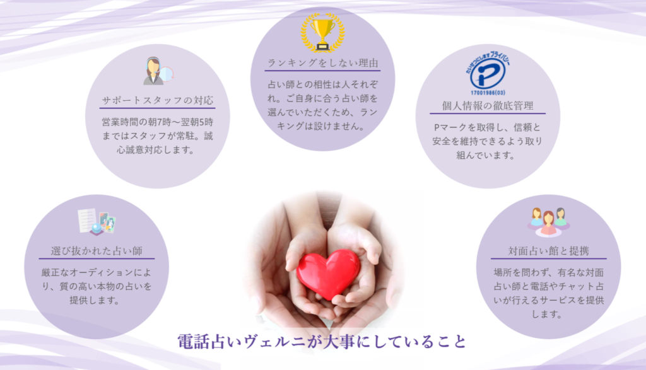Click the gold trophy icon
[x=322, y=33]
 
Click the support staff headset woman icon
[x=158, y=71]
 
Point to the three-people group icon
[x=548, y=223]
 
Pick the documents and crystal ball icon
[x=97, y=221]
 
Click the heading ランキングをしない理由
[x=322, y=63]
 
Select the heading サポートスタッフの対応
[x=157, y=100]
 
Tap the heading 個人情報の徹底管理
[x=488, y=106]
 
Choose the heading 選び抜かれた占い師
[x=97, y=251]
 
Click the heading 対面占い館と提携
[x=548, y=251]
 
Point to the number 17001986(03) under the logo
[x=488, y=93]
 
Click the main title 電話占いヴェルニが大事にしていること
[x=322, y=342]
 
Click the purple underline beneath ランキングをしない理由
[x=322, y=71]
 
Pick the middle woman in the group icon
[x=548, y=223]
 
